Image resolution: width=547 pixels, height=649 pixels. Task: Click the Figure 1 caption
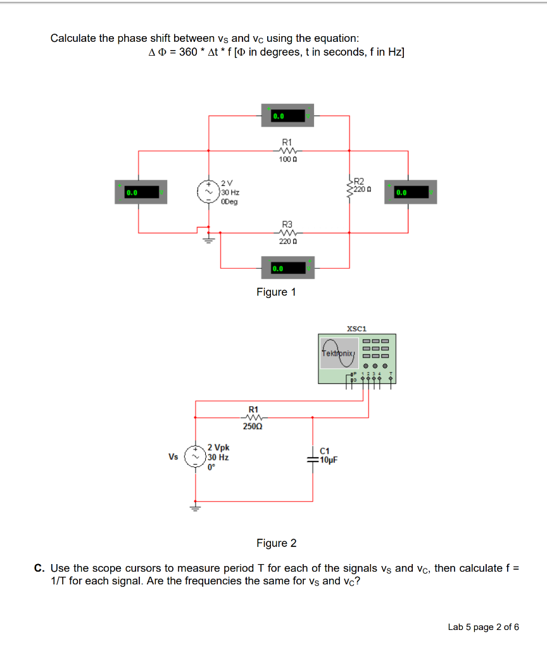pos(275,292)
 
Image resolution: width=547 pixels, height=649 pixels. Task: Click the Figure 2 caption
pos(276,543)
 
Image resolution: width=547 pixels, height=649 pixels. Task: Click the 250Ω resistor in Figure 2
pos(253,418)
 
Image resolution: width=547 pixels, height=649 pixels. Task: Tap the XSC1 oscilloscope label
pos(357,328)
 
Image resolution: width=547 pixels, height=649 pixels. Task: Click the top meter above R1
pos(288,117)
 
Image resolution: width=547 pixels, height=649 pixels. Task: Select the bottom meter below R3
pos(288,268)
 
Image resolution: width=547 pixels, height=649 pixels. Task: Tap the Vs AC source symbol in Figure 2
pos(194,457)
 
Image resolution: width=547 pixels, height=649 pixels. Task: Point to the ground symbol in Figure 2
pos(195,507)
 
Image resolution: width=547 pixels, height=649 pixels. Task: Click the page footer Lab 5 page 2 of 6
pos(483,627)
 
